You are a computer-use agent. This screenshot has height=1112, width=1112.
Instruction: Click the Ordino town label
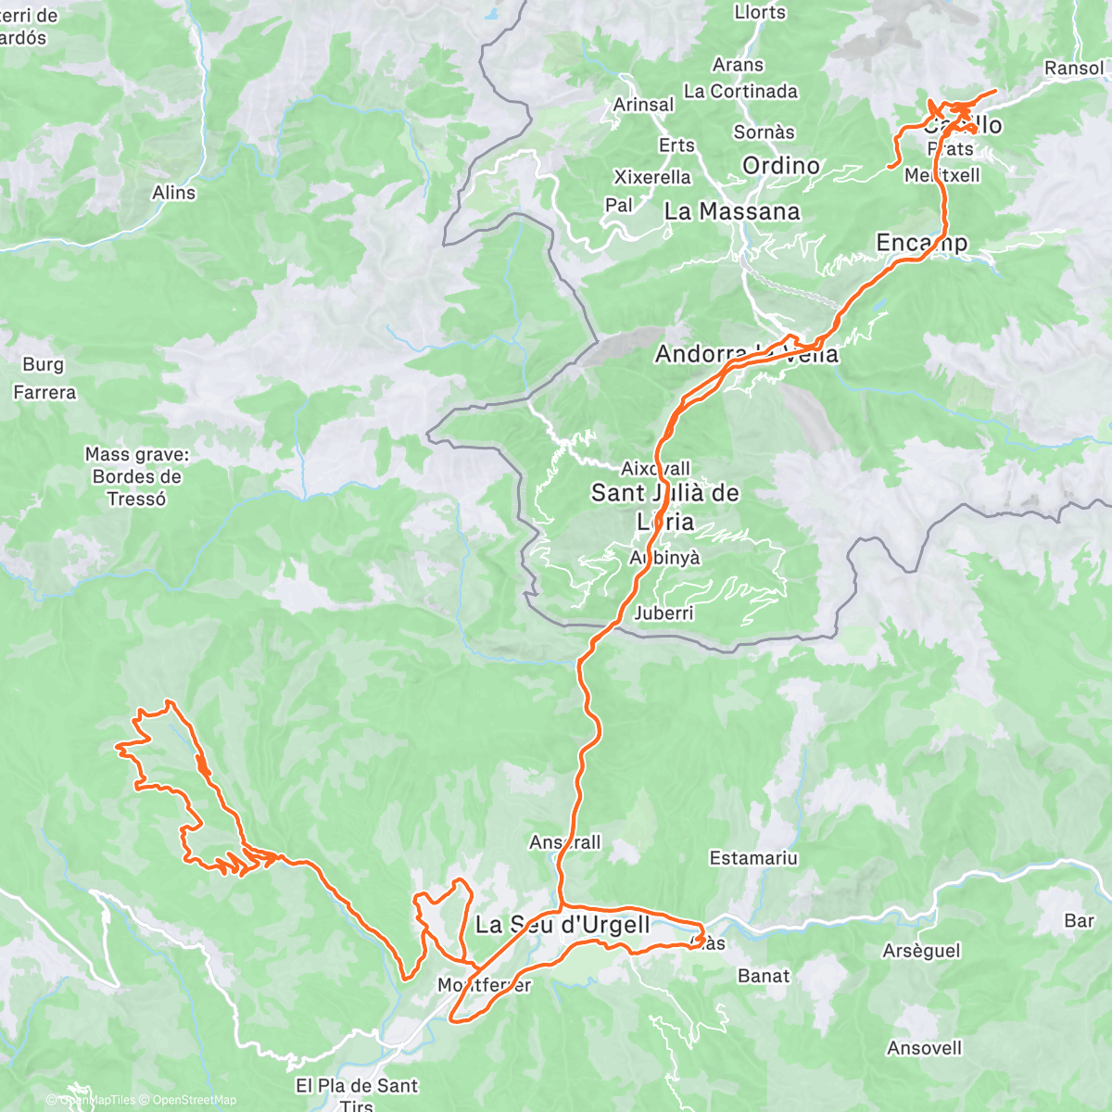pos(781,166)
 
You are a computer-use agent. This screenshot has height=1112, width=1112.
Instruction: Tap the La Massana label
pos(732,211)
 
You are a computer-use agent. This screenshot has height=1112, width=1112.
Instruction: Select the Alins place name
pos(174,193)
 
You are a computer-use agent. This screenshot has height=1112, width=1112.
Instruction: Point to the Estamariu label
pos(753,858)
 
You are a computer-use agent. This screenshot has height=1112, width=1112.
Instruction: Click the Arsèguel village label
pos(921,951)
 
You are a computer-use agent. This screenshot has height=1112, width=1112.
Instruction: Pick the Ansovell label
pos(924,1048)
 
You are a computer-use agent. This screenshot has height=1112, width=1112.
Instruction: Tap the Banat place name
pos(764,976)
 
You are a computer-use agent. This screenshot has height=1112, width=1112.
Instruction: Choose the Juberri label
pos(663,613)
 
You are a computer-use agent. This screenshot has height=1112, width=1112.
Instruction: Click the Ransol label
pos(1074,68)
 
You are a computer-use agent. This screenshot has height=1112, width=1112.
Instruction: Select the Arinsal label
pos(643,105)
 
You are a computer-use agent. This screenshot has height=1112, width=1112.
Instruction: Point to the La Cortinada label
pos(740,91)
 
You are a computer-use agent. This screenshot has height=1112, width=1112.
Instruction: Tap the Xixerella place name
pos(652,177)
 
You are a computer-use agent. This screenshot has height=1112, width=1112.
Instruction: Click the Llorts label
pos(760,12)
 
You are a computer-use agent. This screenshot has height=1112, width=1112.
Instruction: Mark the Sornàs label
pos(764,132)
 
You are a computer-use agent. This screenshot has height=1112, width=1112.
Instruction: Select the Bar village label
pos(1079,920)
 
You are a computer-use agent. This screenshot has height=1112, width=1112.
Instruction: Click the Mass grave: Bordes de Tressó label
pos(137,476)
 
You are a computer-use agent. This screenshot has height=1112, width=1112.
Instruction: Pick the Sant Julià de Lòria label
pos(665,506)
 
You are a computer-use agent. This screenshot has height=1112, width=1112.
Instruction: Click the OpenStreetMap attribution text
pos(195,1100)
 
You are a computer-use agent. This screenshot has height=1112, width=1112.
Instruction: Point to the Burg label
pos(43,364)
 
